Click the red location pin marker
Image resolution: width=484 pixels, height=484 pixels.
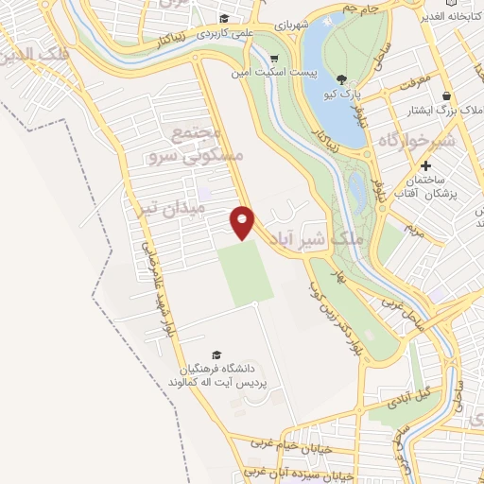243,222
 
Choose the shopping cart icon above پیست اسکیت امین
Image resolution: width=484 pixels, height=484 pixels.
275,55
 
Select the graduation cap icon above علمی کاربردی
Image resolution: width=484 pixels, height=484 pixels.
224,18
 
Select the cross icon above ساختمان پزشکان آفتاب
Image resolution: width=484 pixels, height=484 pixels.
426,165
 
